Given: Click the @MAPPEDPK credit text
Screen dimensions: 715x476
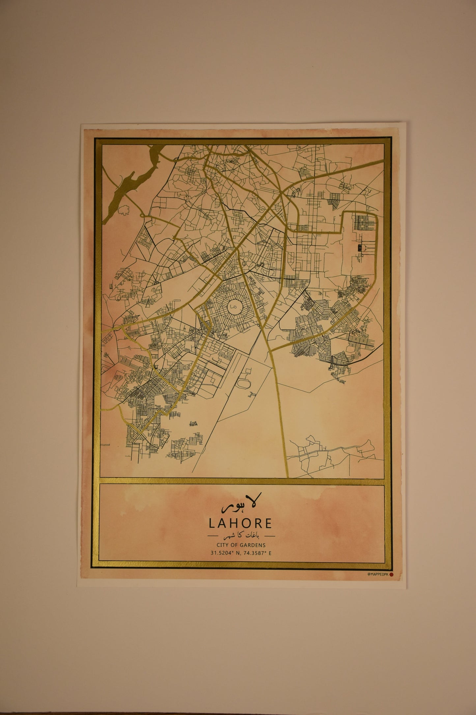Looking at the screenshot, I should tap(378, 583).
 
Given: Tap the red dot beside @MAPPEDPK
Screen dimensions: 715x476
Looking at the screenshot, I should tap(391, 583).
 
